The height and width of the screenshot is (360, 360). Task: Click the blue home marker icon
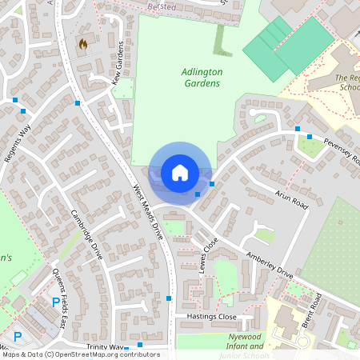pos(180,173)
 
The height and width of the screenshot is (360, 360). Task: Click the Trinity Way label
pos(106,348)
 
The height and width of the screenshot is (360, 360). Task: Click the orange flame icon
pos(83,43)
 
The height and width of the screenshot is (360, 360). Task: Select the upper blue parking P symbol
pos(55,302)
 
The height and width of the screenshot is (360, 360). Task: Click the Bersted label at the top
pos(162,6)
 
